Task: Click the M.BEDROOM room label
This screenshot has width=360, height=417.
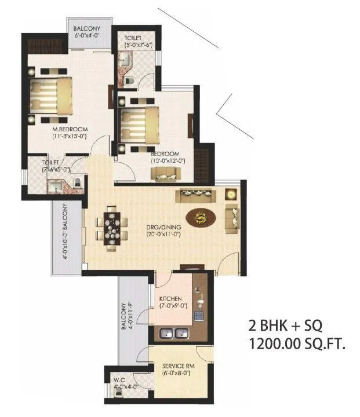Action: [70, 129]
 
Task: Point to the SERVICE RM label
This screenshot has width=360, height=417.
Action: [170, 366]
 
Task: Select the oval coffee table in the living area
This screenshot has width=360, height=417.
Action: [202, 217]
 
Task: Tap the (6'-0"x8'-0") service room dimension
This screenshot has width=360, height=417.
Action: [170, 374]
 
